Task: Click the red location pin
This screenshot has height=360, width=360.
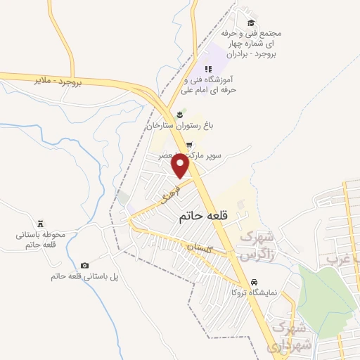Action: point(181,165)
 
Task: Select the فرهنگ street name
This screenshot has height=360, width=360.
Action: point(171,190)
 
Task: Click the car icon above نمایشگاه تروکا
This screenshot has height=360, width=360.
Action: point(236,292)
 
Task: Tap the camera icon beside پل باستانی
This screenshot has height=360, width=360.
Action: point(85,265)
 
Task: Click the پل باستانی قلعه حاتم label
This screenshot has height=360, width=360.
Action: point(79,276)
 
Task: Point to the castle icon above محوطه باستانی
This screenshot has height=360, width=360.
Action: point(41,222)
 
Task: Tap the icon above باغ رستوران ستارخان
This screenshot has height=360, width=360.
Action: point(179,114)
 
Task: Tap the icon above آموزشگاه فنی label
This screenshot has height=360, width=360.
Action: point(207,69)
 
